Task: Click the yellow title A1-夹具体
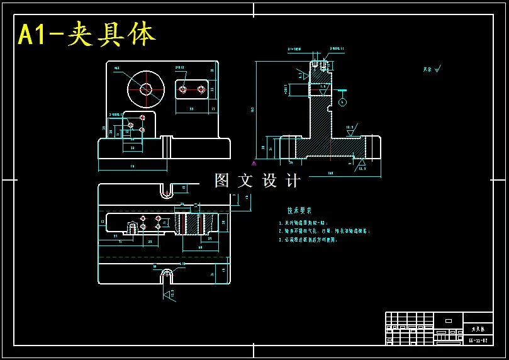point(86,35)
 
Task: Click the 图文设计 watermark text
point(257,181)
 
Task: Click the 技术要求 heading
point(299,211)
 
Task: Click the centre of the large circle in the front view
point(146,89)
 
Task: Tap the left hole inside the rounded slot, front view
point(182,89)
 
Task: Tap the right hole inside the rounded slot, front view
point(201,89)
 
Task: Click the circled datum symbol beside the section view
point(342,101)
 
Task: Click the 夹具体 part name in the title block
point(478,329)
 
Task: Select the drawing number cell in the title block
point(478,340)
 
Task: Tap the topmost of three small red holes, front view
point(143,117)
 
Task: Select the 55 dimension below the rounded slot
point(191,109)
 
